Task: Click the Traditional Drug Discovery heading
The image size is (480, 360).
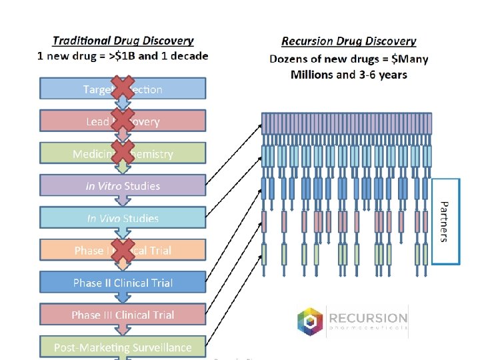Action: [x=123, y=41]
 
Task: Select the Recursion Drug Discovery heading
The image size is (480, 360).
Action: [x=349, y=41]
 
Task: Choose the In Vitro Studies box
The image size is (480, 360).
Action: [x=123, y=186]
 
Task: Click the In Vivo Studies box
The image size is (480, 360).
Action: [x=123, y=218]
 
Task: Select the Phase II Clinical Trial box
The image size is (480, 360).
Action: [x=123, y=283]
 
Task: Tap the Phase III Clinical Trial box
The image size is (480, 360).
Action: [x=123, y=315]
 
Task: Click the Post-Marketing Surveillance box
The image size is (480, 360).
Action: [x=123, y=347]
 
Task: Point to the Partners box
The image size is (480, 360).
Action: [x=446, y=221]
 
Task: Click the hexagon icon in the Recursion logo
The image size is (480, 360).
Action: [x=310, y=322]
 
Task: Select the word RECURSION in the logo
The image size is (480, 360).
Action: [x=367, y=318]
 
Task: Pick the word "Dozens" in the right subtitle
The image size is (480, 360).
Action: [x=289, y=59]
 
